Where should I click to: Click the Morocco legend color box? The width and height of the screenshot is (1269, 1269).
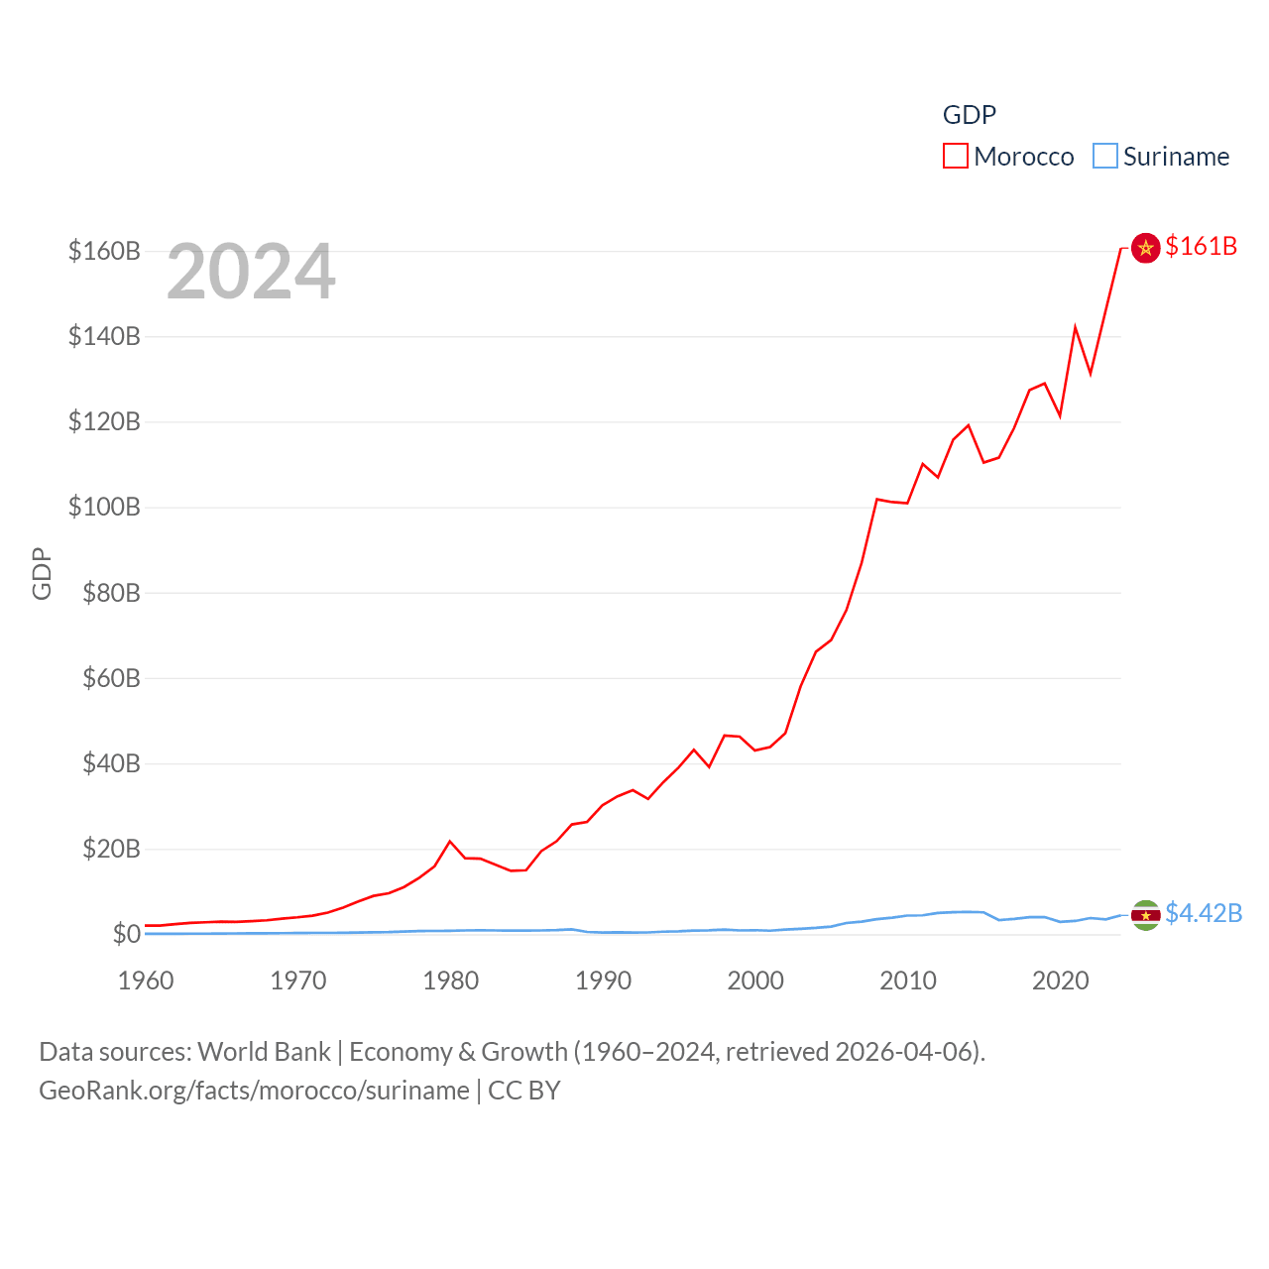point(955,157)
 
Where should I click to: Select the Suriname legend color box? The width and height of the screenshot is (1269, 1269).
point(1104,157)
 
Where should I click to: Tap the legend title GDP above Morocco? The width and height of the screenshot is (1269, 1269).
point(969,115)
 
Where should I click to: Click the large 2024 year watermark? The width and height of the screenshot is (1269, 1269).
point(251,272)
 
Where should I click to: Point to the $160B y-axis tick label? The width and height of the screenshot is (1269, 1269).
point(104,251)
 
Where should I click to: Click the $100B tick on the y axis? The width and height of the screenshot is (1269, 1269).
point(104,508)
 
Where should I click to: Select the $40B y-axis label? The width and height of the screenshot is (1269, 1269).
point(111,763)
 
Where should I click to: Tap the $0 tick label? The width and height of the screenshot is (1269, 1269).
point(126,934)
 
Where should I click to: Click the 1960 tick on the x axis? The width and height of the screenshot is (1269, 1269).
point(146,981)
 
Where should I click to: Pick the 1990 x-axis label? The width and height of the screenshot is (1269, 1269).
point(603,981)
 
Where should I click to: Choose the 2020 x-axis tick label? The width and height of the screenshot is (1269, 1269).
point(1060,981)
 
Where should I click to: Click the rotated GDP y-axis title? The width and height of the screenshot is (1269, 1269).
point(42,573)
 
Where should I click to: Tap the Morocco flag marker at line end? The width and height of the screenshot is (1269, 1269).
point(1145,247)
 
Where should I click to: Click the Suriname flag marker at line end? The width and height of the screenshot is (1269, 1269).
point(1145,915)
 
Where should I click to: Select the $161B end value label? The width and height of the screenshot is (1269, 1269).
point(1201,246)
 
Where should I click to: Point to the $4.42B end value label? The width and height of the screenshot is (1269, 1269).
point(1204,913)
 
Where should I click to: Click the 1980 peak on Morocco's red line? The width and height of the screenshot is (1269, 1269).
point(450,842)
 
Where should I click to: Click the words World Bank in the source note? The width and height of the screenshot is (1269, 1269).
point(264,1051)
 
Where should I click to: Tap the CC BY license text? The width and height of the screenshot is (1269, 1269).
point(524,1091)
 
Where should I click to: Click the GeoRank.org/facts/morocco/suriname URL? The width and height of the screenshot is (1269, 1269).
point(254,1091)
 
